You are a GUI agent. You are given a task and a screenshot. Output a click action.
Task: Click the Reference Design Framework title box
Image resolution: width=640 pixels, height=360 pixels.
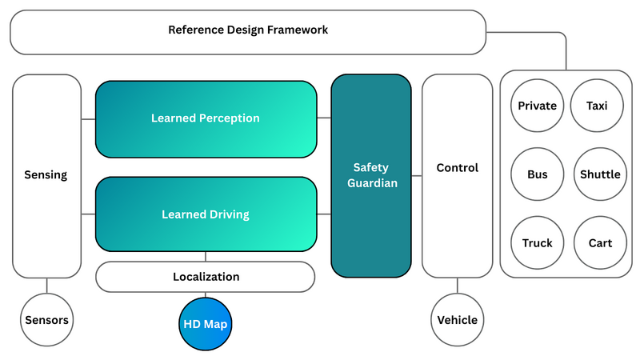click(x=248, y=31)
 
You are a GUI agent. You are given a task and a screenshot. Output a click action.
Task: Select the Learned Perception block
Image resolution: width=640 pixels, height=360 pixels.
click(x=206, y=118)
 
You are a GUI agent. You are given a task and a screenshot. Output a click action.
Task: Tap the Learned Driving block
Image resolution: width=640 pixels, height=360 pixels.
click(x=206, y=214)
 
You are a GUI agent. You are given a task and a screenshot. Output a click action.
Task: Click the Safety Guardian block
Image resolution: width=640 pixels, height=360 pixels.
click(x=371, y=176)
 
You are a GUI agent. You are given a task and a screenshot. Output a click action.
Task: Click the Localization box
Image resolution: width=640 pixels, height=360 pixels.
click(x=206, y=277)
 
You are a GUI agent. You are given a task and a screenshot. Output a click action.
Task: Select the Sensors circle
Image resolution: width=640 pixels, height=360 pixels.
click(x=46, y=321)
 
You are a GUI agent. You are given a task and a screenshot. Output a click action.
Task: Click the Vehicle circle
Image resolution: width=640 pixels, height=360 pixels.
click(x=457, y=321)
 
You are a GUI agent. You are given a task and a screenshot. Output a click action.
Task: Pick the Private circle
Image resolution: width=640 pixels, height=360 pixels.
click(x=537, y=106)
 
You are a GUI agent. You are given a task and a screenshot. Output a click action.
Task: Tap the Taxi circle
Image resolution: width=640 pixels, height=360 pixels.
click(x=597, y=106)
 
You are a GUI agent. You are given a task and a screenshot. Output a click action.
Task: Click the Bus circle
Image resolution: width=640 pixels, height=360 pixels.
click(x=537, y=174)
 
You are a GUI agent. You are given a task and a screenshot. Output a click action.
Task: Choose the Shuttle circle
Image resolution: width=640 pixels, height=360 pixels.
click(x=600, y=174)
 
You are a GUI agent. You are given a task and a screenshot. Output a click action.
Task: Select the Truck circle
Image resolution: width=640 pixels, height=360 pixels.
click(x=537, y=243)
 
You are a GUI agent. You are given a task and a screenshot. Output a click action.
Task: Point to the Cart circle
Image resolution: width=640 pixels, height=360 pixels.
click(x=600, y=243)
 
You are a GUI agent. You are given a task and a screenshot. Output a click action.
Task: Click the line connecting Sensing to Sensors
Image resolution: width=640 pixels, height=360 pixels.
click(x=46, y=286)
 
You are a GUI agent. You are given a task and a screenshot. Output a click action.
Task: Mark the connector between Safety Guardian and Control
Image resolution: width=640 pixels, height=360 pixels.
click(x=417, y=175)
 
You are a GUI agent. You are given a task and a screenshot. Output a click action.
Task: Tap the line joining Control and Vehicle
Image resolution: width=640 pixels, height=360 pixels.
click(x=457, y=285)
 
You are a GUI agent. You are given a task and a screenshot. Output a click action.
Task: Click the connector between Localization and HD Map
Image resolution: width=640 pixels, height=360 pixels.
click(x=206, y=294)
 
